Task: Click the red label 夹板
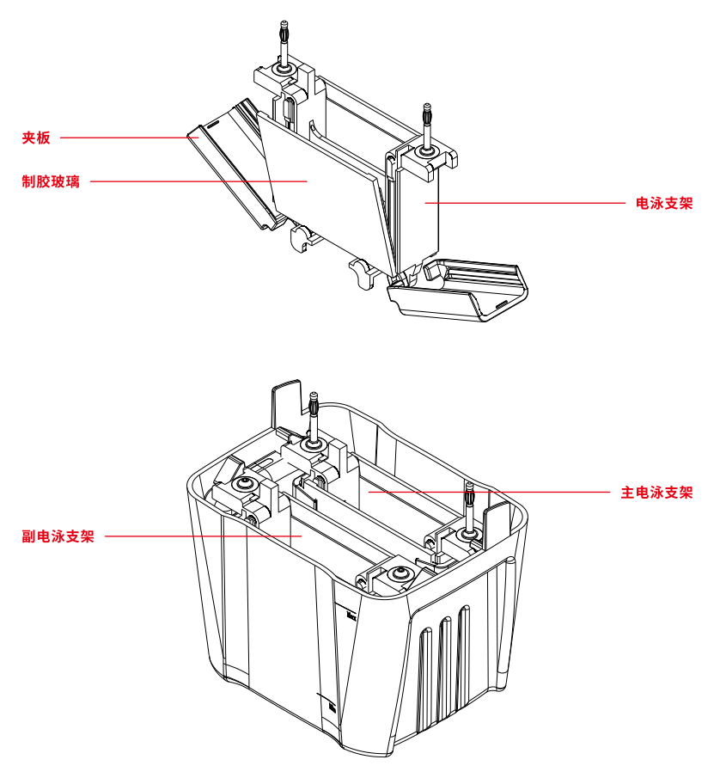(x=37, y=137)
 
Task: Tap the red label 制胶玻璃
(x=51, y=181)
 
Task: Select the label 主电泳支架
(x=656, y=493)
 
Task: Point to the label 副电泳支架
(x=58, y=536)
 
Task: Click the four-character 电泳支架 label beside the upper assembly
(x=663, y=204)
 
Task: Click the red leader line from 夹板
(x=125, y=137)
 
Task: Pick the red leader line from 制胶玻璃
(x=198, y=181)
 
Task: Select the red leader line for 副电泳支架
(x=202, y=536)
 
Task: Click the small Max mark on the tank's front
(x=351, y=614)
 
